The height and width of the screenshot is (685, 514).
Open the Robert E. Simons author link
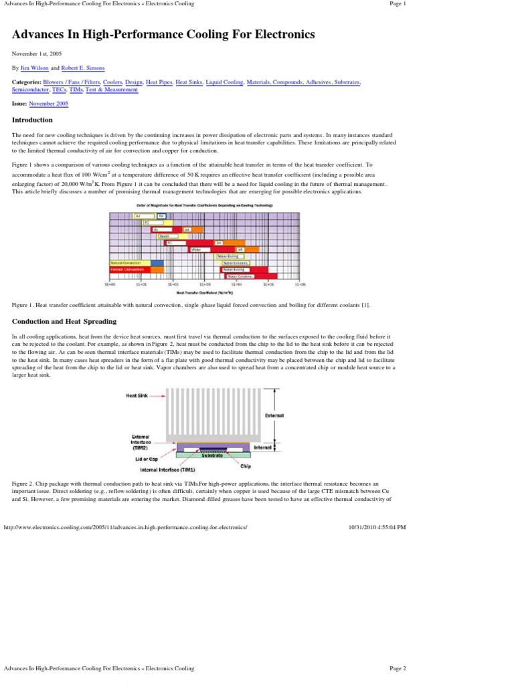coord(82,68)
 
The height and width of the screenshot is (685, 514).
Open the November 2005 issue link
coord(48,104)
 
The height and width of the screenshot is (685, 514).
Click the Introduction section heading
coord(32,120)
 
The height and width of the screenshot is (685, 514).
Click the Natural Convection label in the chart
coord(126,263)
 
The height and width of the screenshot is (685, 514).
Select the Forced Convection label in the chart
coord(126,269)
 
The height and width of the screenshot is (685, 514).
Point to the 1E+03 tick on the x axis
coord(205,284)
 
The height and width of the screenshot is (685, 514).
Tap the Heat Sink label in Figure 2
coord(137,395)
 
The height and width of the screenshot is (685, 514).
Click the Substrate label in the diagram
coord(212,455)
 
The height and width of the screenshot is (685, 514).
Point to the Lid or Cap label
coord(147,460)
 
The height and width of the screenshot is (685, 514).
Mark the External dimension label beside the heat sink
coord(274,415)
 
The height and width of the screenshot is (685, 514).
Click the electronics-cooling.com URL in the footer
coord(126,527)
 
